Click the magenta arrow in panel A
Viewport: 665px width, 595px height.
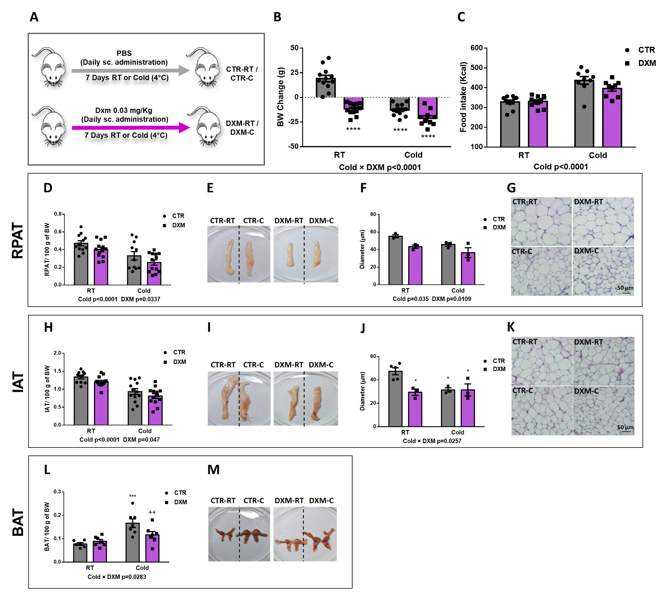pos(131,127)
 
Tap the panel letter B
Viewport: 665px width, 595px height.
pos(277,17)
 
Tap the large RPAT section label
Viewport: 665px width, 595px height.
pos(18,240)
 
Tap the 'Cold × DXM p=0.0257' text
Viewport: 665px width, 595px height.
pos(432,441)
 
